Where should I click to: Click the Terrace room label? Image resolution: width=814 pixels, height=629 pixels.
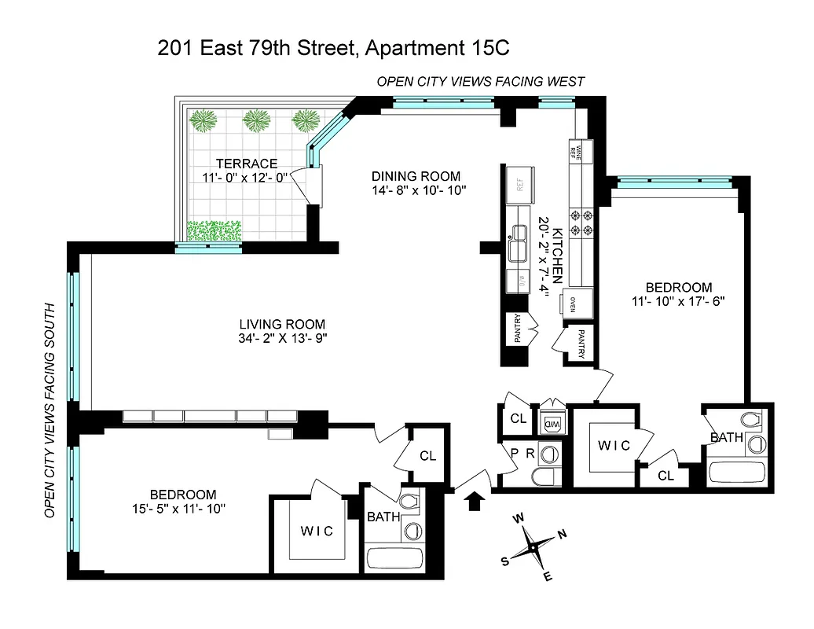tap(247, 164)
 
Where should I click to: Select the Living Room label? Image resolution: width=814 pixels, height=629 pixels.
tap(282, 324)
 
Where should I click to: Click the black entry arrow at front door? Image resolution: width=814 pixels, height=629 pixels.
tap(475, 501)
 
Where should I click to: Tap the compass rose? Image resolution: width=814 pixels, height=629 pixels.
tap(533, 545)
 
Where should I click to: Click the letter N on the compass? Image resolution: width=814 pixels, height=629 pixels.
tap(561, 535)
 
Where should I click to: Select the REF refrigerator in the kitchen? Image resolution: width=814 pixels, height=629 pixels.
tap(519, 183)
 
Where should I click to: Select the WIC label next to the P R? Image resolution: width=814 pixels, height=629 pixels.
tap(614, 446)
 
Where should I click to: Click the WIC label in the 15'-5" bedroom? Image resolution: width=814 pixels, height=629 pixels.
tap(317, 531)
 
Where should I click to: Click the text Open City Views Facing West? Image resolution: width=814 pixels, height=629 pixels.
tap(481, 82)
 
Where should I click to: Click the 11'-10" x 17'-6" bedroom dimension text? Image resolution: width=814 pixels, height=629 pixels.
tap(678, 300)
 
